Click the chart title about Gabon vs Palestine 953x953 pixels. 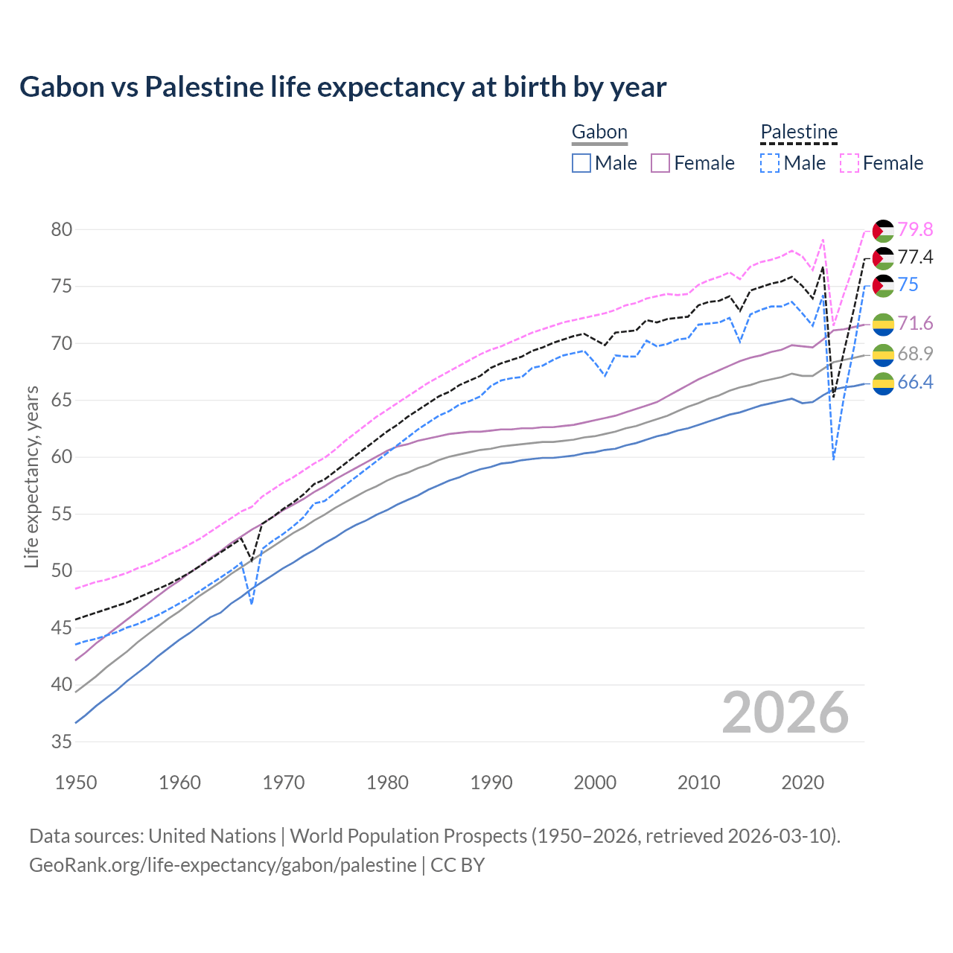342,87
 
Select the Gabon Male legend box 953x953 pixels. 581,163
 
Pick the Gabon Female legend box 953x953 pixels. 661,163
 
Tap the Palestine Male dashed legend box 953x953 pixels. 770,163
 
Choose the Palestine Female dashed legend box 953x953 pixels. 850,163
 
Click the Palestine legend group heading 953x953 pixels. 799,133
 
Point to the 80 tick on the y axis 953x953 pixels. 62,229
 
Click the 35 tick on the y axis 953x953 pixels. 62,742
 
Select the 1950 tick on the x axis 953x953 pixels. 77,783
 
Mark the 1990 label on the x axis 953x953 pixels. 491,783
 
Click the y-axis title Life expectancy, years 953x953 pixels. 31,476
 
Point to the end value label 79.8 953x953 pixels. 915,229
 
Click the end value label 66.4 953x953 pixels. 915,383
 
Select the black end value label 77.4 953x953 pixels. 915,258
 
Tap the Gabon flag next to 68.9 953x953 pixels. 883,354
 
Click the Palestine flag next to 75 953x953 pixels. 883,285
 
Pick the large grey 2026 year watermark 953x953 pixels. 785,713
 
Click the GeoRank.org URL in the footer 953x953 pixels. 223,865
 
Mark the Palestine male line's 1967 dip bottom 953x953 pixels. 252,604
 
